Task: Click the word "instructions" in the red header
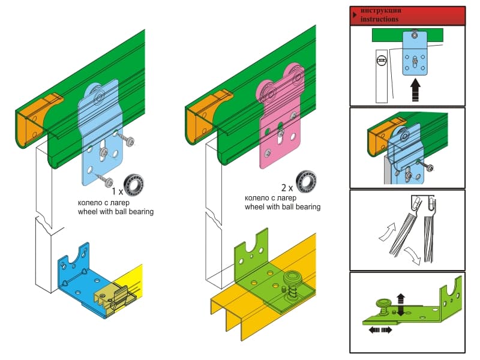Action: tap(379, 19)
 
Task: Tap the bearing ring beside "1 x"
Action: tap(134, 185)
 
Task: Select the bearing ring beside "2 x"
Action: tap(306, 182)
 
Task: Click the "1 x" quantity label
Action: tap(117, 191)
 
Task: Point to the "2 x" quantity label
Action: tap(287, 188)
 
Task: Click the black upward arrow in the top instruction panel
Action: tap(415, 89)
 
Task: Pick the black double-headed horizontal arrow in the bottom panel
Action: tap(380, 330)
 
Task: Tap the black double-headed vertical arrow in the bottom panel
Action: tap(400, 305)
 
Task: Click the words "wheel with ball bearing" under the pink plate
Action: tap(283, 207)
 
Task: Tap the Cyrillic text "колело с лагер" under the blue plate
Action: tap(103, 203)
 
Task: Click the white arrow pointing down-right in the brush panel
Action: tap(412, 256)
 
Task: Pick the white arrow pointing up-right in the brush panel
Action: tap(387, 232)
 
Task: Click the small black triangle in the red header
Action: tap(355, 14)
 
